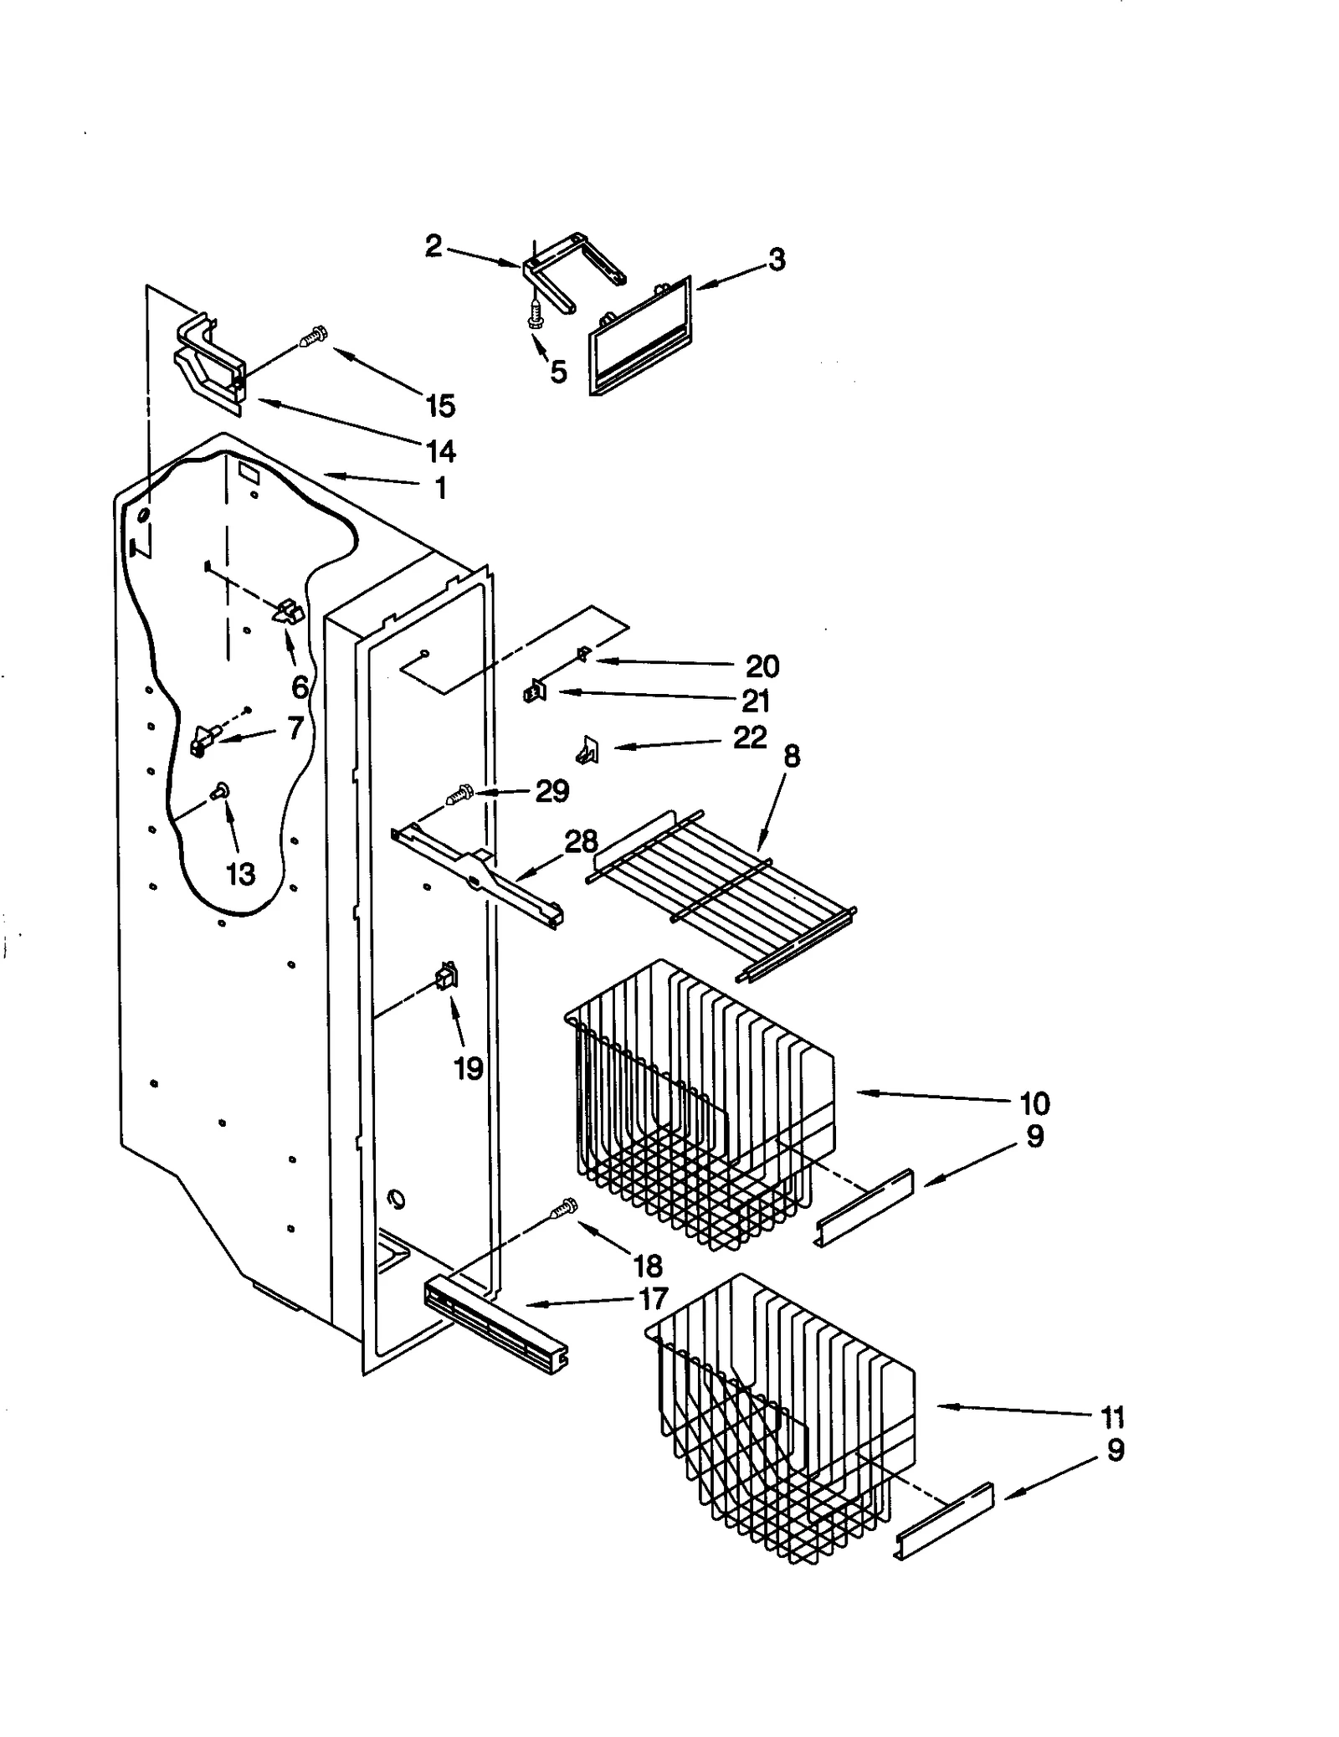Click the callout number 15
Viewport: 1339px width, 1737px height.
(440, 406)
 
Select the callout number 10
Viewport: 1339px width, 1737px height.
(1034, 1103)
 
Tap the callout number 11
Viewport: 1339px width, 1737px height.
(1112, 1417)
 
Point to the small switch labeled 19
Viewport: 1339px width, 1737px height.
(446, 976)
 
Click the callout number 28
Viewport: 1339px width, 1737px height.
(582, 840)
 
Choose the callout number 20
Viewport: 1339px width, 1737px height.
(762, 666)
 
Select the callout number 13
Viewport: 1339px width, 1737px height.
(240, 874)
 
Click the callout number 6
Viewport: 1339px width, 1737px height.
(300, 686)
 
